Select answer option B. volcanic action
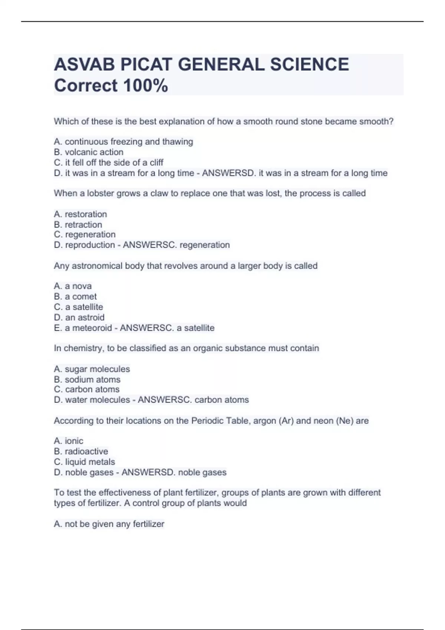(89, 152)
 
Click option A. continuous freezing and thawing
(123, 142)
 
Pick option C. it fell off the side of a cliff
(109, 162)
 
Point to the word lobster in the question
(100, 193)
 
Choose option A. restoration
(80, 214)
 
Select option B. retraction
(78, 225)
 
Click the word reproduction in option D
(90, 245)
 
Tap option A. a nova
(73, 286)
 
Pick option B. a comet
(75, 296)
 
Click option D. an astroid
(79, 317)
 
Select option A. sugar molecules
(92, 369)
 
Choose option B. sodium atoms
(87, 379)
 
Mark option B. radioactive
(81, 451)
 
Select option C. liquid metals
(85, 462)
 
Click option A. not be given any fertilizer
(109, 524)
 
